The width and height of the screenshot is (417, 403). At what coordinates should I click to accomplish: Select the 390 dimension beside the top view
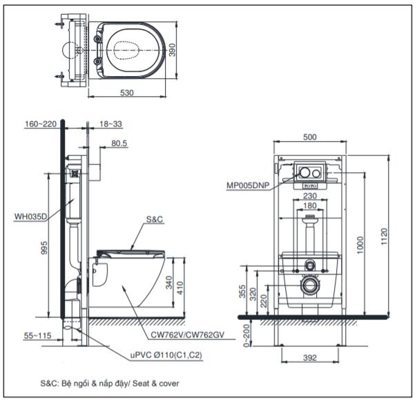point(182,50)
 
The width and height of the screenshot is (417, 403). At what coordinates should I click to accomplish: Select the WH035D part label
point(30,216)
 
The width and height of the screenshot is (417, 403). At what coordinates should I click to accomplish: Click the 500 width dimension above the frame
point(309,137)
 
